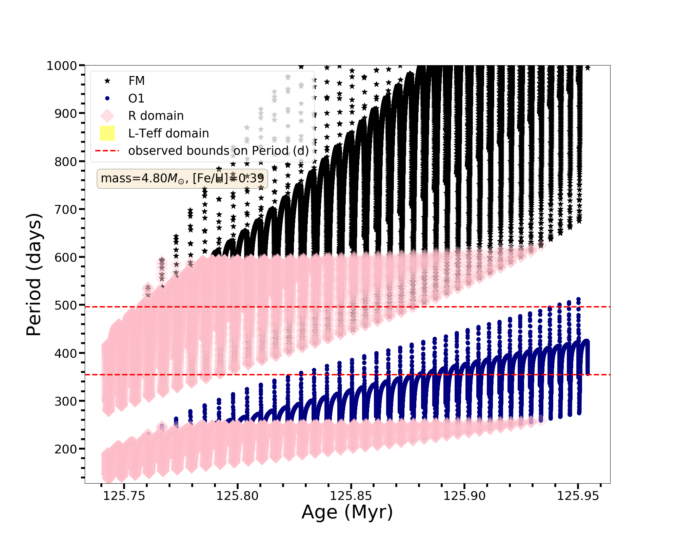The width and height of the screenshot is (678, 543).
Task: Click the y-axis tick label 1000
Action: coord(62,66)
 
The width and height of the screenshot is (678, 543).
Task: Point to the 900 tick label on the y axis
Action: coord(65,114)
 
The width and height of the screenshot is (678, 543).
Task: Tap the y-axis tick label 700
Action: coord(65,210)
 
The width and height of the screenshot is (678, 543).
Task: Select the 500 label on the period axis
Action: coord(65,305)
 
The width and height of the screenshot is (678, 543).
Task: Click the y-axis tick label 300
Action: coord(65,401)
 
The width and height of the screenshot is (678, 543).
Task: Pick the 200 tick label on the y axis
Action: coord(65,449)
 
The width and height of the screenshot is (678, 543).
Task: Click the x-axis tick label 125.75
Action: coord(124,496)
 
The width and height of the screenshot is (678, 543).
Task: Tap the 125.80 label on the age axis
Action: coord(238,496)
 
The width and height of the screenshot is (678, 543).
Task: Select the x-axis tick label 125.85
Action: coord(351,496)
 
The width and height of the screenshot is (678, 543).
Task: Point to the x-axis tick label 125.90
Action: coord(465,496)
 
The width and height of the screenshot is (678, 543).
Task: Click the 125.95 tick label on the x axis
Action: coord(578,496)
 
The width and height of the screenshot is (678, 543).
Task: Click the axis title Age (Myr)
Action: coord(347,512)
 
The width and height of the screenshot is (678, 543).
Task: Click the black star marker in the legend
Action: coord(107,81)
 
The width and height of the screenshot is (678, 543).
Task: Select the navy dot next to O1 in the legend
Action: coord(107,98)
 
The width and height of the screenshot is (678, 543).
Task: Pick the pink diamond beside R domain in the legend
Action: coord(107,116)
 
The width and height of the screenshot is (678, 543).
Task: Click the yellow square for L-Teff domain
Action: coord(107,133)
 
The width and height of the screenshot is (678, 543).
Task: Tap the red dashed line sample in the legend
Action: coord(107,151)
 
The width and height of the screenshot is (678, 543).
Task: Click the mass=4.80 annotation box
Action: coord(182,179)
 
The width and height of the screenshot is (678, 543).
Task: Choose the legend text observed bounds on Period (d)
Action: coord(218,151)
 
